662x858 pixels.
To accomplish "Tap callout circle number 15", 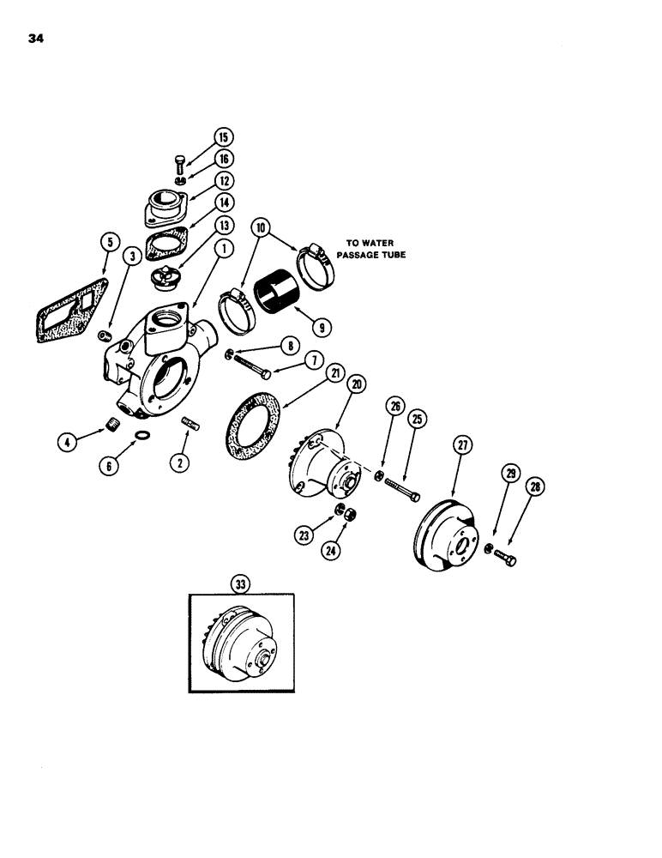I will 223,137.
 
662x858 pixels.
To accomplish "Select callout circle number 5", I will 108,243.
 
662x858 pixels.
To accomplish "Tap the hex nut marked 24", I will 350,514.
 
